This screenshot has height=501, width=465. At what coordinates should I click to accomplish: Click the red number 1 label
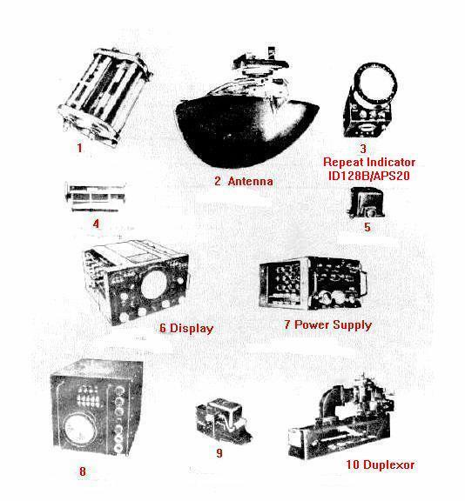coord(79,148)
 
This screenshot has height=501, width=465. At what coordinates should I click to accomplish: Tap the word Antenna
coord(251,181)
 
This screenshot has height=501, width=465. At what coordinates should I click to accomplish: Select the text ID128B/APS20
coord(368,176)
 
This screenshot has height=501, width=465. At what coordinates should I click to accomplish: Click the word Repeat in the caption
coord(344,163)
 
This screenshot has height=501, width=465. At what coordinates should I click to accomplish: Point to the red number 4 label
coord(96,224)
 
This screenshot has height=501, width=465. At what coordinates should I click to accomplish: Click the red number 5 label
coord(367,227)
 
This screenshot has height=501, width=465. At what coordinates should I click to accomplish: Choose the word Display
coord(192,329)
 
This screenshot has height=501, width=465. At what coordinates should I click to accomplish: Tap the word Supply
coord(352,325)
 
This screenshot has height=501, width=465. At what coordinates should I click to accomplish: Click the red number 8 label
coord(83,471)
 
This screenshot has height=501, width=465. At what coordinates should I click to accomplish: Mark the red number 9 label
coord(219,453)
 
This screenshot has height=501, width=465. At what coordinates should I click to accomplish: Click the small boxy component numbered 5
coord(366,203)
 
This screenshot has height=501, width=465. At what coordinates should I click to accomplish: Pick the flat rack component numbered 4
coord(95,197)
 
